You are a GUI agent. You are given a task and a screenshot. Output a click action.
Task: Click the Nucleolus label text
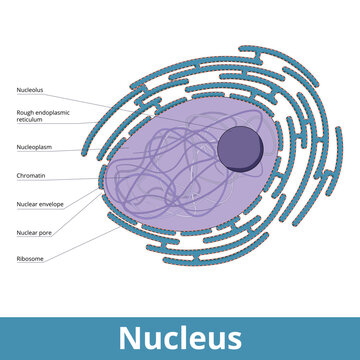pos(29,90)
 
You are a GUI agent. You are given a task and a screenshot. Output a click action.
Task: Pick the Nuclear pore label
pos(33,233)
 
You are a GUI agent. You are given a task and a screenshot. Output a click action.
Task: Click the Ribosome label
pos(29,259)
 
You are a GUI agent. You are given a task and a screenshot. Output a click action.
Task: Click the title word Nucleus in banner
pos(180,337)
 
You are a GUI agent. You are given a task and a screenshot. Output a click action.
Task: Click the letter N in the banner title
pos(130,337)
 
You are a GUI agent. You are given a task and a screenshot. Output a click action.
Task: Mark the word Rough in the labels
pos(23,113)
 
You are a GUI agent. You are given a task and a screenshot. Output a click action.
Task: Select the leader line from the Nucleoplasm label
pos(85,149)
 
